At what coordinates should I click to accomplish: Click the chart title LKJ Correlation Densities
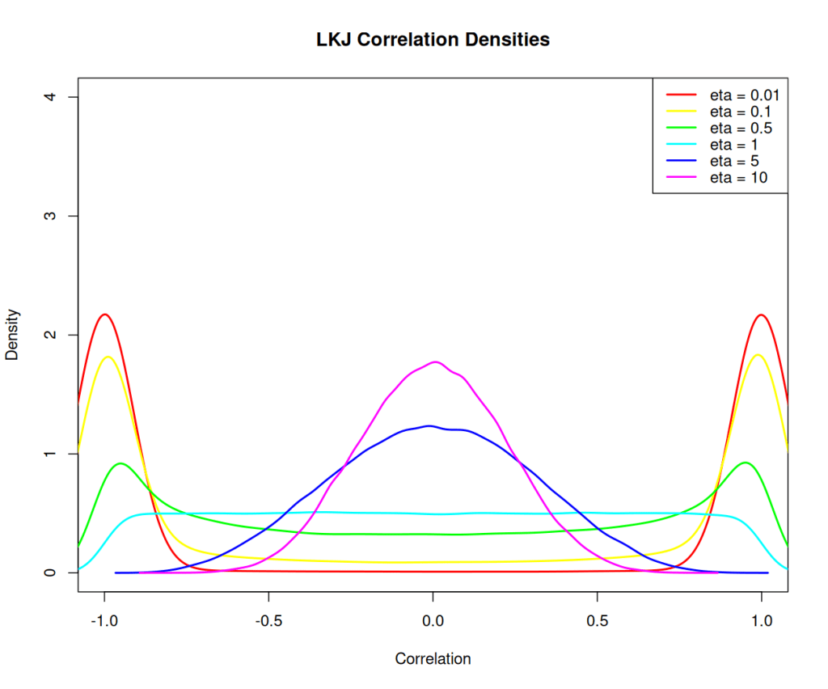(x=433, y=39)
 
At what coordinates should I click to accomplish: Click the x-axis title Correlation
(x=433, y=659)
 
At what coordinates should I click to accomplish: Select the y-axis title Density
(x=13, y=334)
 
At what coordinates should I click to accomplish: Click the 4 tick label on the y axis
(x=50, y=97)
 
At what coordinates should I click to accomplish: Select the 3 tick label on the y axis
(x=50, y=216)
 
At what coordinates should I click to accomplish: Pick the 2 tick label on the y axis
(x=50, y=335)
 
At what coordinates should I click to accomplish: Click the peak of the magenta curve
(x=435, y=361)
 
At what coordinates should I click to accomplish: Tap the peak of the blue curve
(x=429, y=425)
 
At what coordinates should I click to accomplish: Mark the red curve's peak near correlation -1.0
(x=105, y=314)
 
